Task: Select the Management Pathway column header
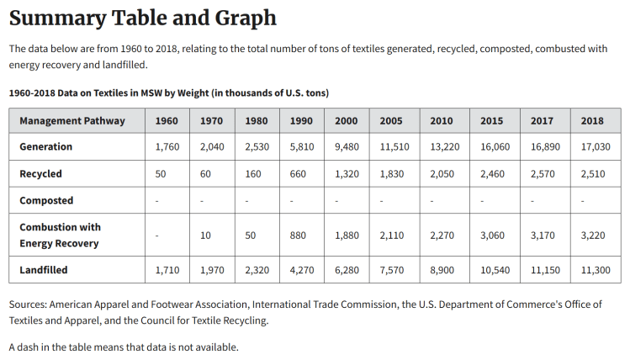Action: (72, 120)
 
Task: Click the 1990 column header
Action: (301, 120)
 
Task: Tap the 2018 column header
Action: (592, 120)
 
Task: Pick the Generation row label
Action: (46, 146)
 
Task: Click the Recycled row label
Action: (41, 173)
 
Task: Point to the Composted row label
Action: (46, 200)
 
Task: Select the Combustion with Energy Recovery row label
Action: (60, 235)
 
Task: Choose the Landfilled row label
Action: (44, 270)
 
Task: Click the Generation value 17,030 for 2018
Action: (592, 146)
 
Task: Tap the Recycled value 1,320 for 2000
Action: (346, 173)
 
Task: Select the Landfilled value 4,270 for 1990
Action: (301, 270)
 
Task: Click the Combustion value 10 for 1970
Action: (205, 236)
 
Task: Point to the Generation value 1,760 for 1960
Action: (167, 146)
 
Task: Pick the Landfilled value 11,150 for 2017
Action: (542, 270)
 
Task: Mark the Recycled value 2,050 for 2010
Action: (441, 173)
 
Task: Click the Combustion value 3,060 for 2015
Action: (492, 236)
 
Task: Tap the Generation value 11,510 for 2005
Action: (391, 146)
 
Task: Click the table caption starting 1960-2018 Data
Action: (168, 92)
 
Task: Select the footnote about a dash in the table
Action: (124, 347)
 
